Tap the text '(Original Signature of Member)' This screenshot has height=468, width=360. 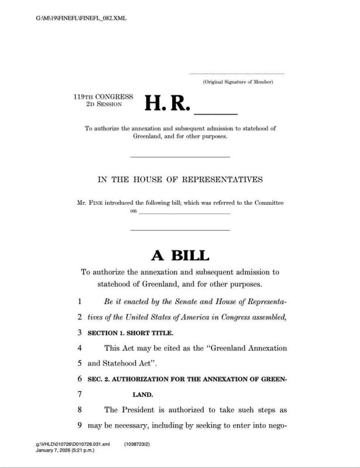(x=238, y=82)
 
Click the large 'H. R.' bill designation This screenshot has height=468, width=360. (x=167, y=104)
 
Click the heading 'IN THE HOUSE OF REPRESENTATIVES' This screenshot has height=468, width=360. (x=180, y=179)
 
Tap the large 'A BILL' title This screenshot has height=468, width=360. (x=180, y=255)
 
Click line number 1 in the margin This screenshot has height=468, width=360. (x=79, y=302)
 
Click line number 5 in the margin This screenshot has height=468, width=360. (x=79, y=363)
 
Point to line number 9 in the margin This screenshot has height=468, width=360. (x=79, y=425)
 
